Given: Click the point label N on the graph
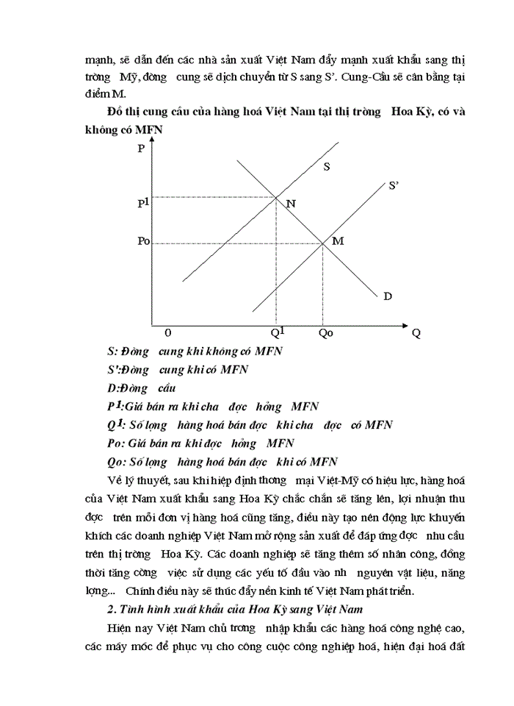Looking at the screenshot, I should pos(291,204).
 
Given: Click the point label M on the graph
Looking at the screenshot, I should pos(338,241).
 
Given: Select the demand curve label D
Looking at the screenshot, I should pos(387,296).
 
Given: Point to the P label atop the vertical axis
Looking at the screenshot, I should pos(140,149).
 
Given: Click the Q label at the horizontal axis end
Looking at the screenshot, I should pos(416,333).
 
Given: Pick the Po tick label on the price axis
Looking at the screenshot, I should pos(143,241).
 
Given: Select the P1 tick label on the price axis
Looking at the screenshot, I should pos(143,203).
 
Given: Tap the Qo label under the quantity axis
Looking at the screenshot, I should pos(325,332).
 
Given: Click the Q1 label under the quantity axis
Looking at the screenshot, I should pos(277,331).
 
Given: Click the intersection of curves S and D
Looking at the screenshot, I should pos(275,196).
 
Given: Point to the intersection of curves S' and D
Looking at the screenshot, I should pos(323,243).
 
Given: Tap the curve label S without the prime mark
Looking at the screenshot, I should pos(326,167).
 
